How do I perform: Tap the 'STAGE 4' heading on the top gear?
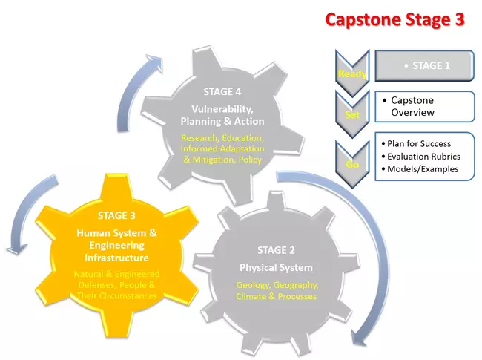point(222,92)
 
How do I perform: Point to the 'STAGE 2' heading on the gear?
point(276,249)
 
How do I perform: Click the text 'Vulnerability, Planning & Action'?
point(222,115)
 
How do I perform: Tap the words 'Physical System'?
point(276,267)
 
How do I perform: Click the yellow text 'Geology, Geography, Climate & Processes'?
point(276,291)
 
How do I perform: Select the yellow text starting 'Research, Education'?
point(222,148)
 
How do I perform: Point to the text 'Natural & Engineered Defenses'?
point(116,280)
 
